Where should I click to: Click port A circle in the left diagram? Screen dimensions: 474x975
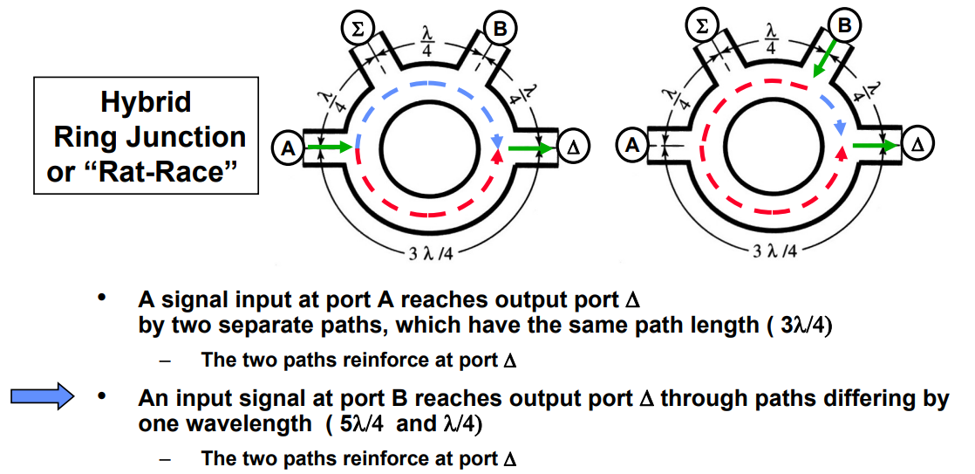287,149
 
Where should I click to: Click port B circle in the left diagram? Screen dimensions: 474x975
499,29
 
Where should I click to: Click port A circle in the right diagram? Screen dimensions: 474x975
631,144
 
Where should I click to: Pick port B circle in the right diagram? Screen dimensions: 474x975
843,25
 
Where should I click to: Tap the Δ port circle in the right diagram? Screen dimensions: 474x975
916,144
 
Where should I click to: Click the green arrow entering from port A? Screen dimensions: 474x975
328,148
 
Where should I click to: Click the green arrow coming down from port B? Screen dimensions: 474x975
822,62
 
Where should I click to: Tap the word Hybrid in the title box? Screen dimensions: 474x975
146,102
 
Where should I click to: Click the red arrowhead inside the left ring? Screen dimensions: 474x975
497,155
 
